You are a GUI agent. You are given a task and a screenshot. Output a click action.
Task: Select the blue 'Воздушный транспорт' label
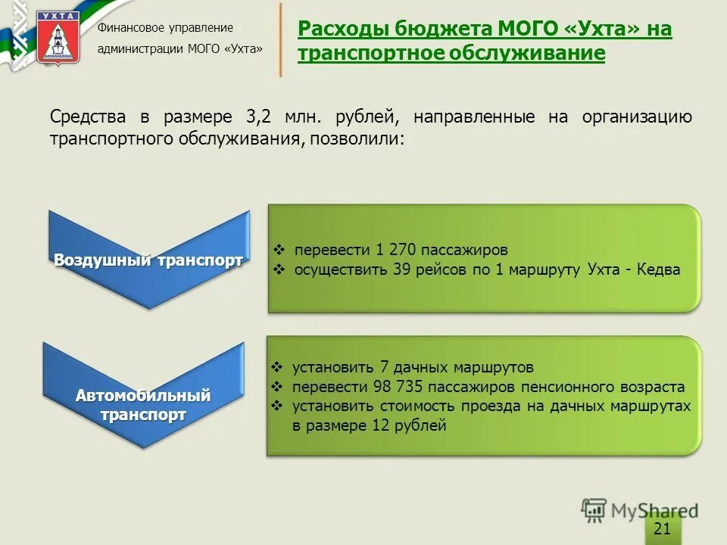pos(148,260)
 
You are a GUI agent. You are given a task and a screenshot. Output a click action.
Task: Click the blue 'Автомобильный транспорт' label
pos(142,405)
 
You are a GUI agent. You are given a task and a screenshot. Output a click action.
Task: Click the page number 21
pos(662,528)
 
